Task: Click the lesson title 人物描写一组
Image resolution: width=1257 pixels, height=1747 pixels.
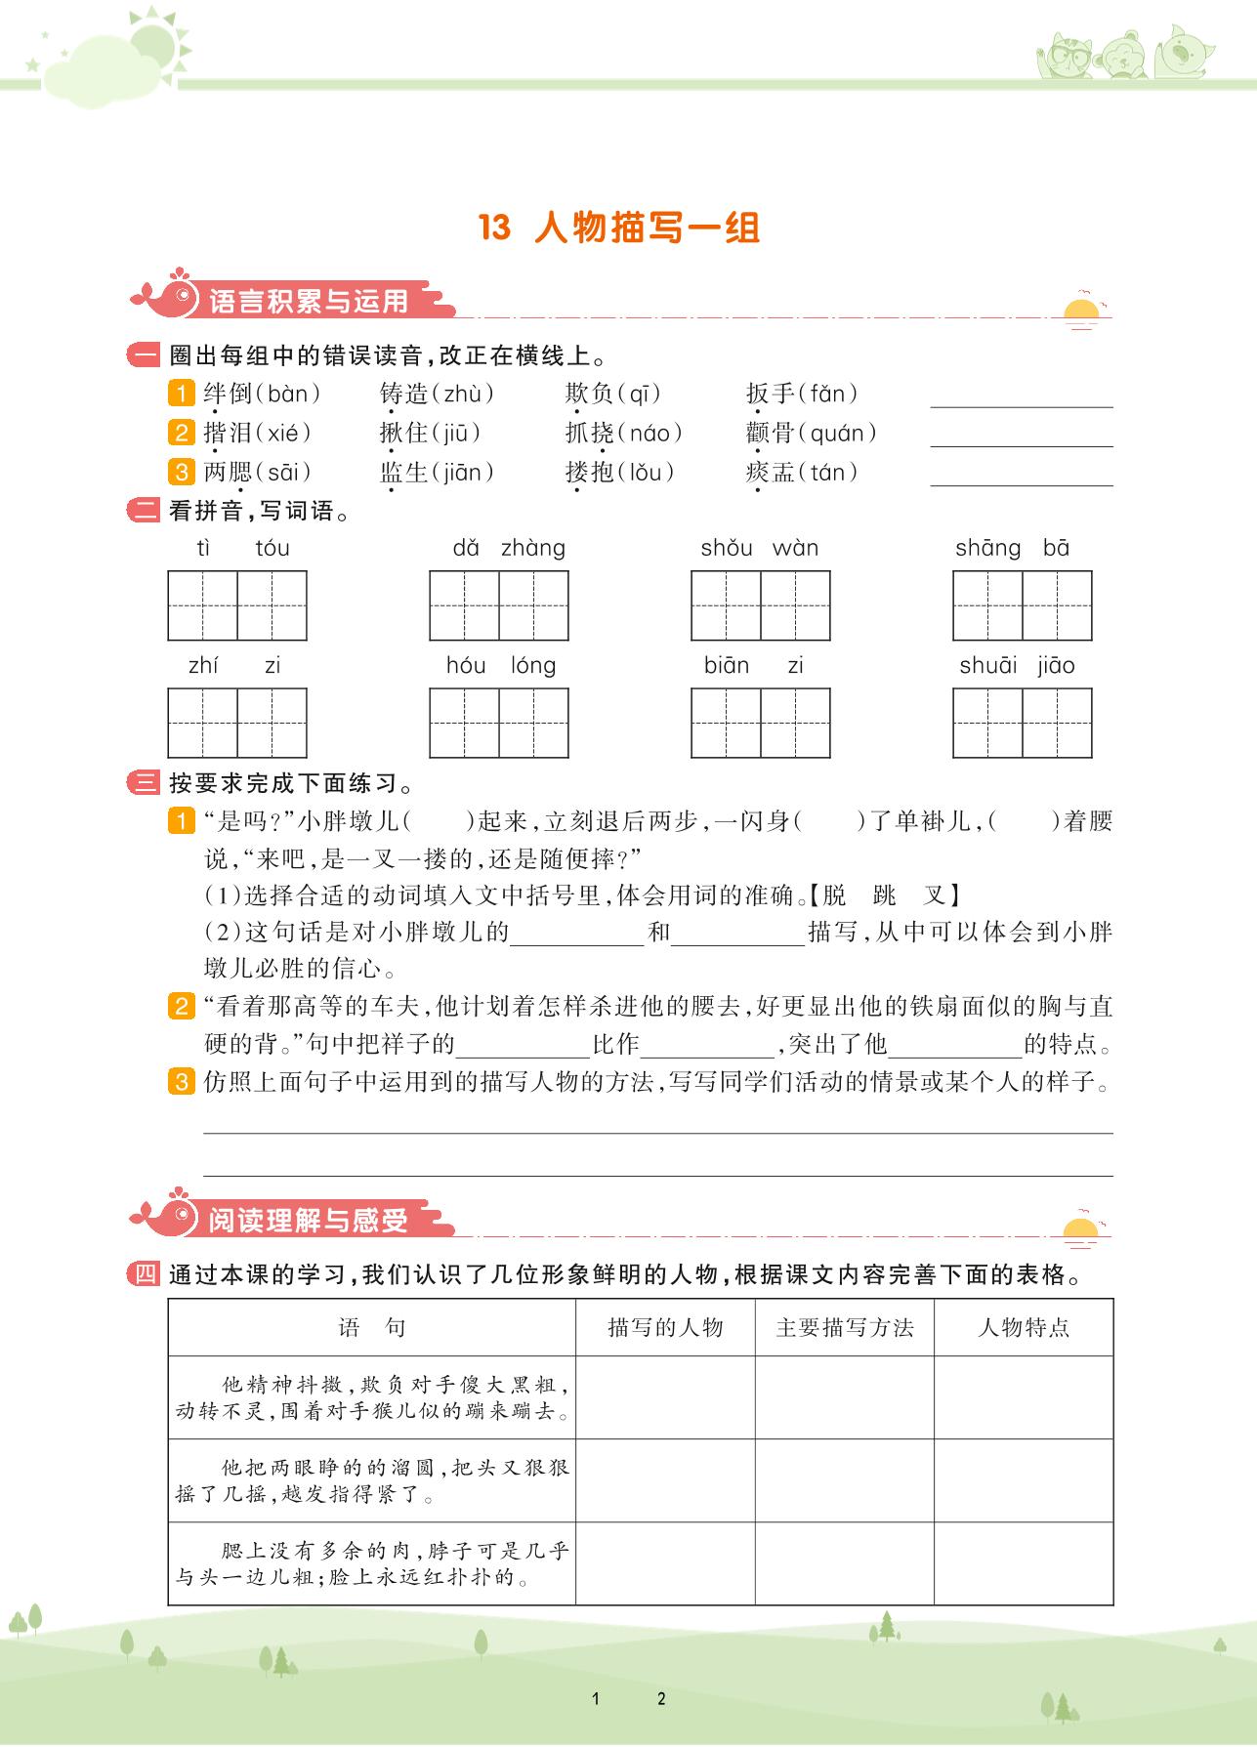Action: pos(648,229)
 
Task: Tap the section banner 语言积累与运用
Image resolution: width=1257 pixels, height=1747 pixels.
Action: pos(309,301)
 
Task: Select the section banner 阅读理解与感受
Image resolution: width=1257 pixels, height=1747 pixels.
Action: pos(308,1221)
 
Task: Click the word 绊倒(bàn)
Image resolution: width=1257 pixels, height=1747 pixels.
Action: pos(262,395)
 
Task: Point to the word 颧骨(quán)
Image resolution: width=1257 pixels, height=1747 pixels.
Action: pos(811,434)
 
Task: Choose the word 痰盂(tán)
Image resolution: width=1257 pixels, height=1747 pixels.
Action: pos(802,473)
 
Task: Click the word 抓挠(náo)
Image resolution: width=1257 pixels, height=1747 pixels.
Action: pos(623,434)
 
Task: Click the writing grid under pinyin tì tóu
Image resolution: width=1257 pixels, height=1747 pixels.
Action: pos(237,605)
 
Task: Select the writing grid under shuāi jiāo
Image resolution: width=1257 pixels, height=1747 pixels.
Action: pos(1022,723)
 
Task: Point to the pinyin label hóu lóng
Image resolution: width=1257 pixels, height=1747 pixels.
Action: pos(500,666)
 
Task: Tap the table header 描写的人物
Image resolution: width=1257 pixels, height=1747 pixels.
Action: pos(665,1327)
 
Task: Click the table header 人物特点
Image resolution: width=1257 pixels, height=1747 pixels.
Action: pos(1024,1327)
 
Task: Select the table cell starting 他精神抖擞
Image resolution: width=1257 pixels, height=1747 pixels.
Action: pos(372,1397)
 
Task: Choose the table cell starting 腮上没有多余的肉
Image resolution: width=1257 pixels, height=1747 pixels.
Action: pos(372,1563)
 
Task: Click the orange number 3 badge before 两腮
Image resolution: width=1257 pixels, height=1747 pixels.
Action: pos(182,473)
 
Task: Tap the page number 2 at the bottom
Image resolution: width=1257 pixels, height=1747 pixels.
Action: pos(661,1698)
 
